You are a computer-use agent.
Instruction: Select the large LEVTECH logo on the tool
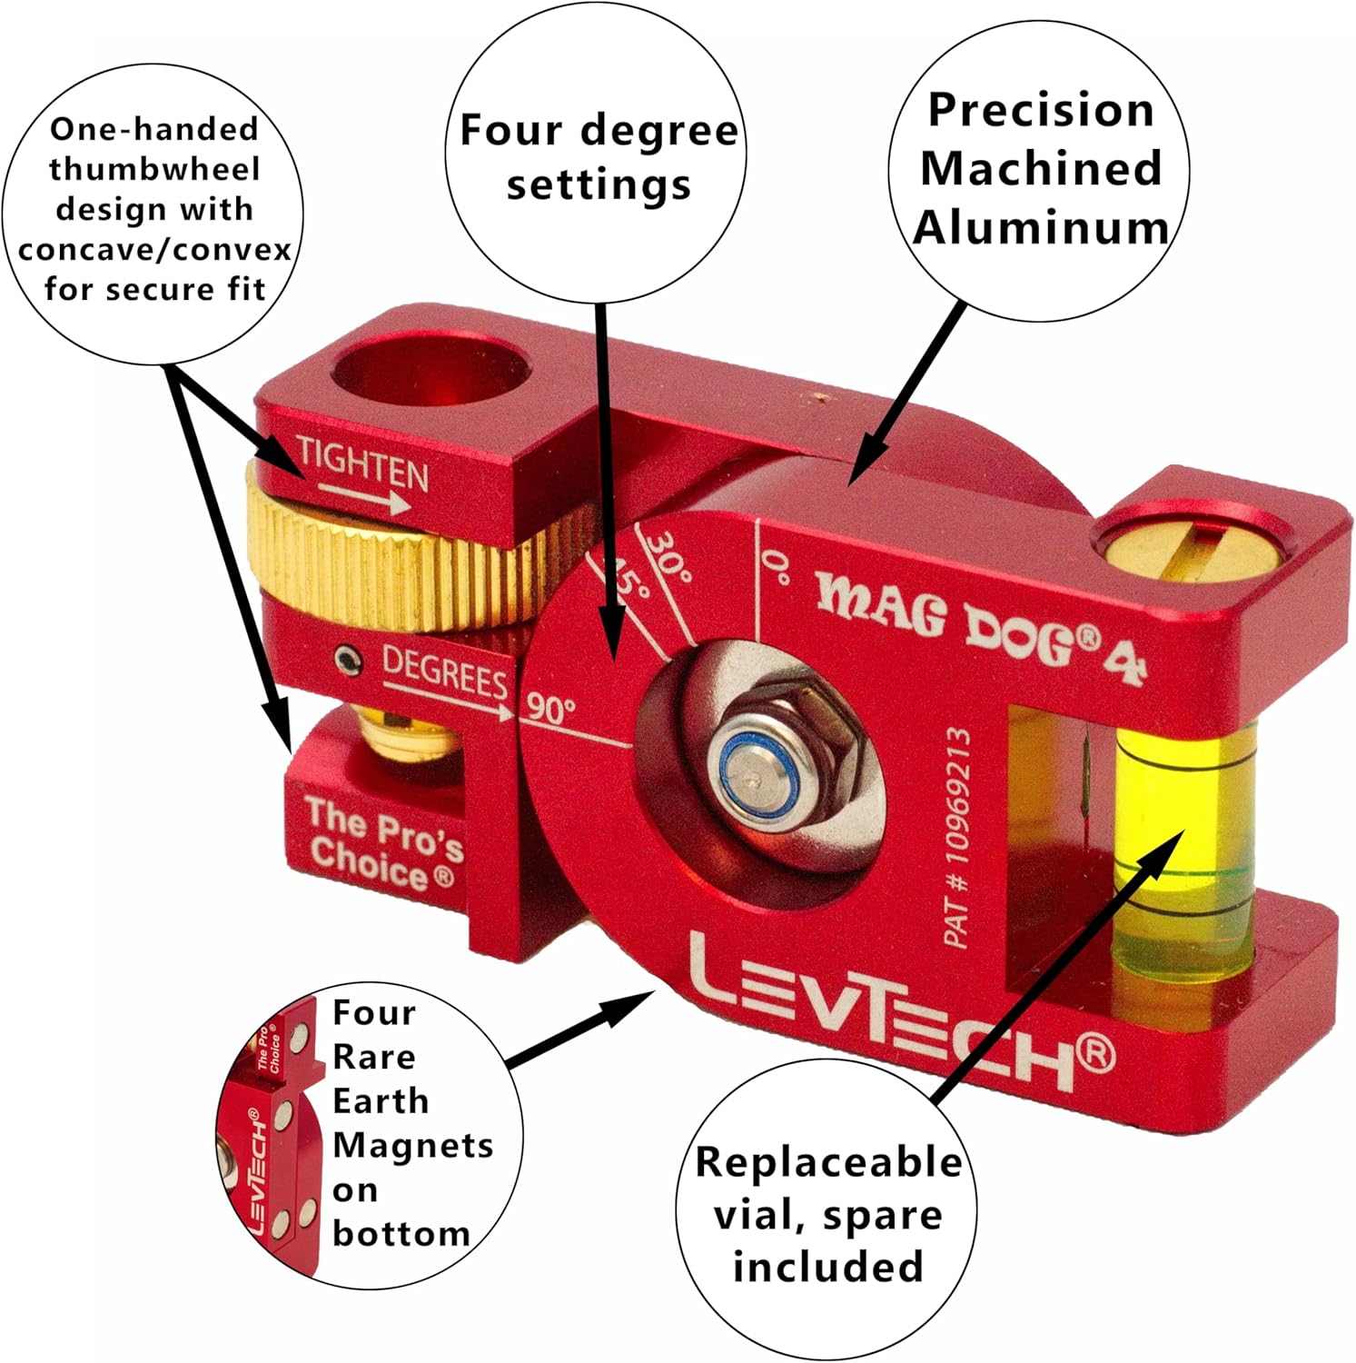(x=899, y=1018)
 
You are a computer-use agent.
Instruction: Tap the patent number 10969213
(x=958, y=836)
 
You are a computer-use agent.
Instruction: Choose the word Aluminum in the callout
(x=1041, y=227)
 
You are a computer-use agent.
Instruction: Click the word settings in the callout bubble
(x=599, y=184)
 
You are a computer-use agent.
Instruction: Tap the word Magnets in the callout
(x=413, y=1145)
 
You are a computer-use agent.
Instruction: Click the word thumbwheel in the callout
(x=154, y=169)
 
